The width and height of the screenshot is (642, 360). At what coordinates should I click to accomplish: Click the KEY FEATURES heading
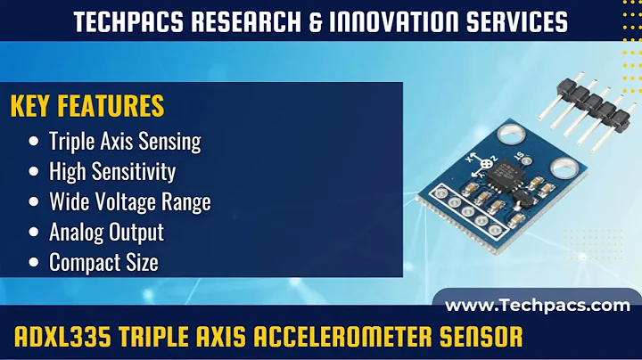(x=87, y=106)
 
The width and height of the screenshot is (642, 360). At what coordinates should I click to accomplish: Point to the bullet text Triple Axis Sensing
(x=125, y=141)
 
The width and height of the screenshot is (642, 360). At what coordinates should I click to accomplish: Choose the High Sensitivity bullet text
(x=112, y=171)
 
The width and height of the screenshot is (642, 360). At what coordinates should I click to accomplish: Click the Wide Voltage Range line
(x=130, y=201)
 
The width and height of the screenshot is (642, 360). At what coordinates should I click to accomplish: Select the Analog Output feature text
(x=106, y=232)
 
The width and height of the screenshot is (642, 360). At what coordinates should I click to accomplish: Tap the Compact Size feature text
(x=103, y=262)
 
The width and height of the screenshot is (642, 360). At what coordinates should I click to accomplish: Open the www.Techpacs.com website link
(x=538, y=306)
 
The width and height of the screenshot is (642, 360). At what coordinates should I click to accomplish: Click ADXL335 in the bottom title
(x=62, y=338)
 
